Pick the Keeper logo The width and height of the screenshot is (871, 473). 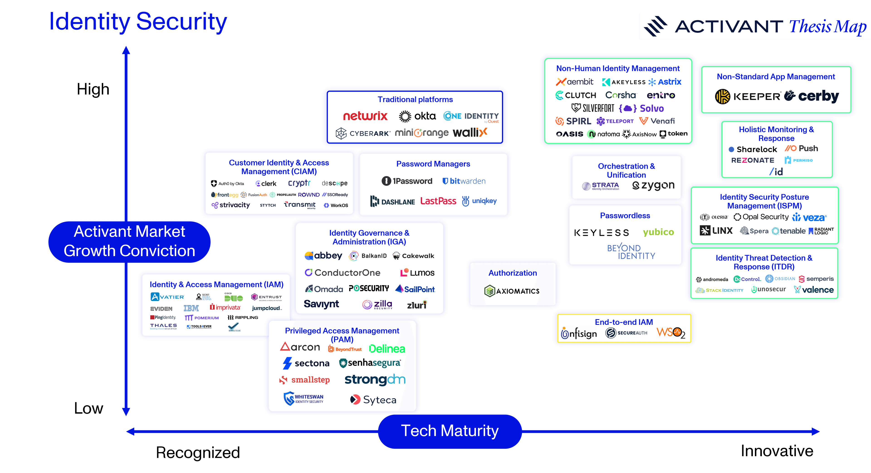click(x=748, y=97)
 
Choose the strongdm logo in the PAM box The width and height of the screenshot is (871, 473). click(x=375, y=380)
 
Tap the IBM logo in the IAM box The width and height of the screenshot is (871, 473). click(x=191, y=308)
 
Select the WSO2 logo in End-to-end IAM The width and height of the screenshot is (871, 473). click(x=670, y=333)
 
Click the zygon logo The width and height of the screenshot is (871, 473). click(x=653, y=185)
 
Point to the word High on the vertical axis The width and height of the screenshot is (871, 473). click(x=93, y=89)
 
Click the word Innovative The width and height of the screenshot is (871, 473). click(x=777, y=451)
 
